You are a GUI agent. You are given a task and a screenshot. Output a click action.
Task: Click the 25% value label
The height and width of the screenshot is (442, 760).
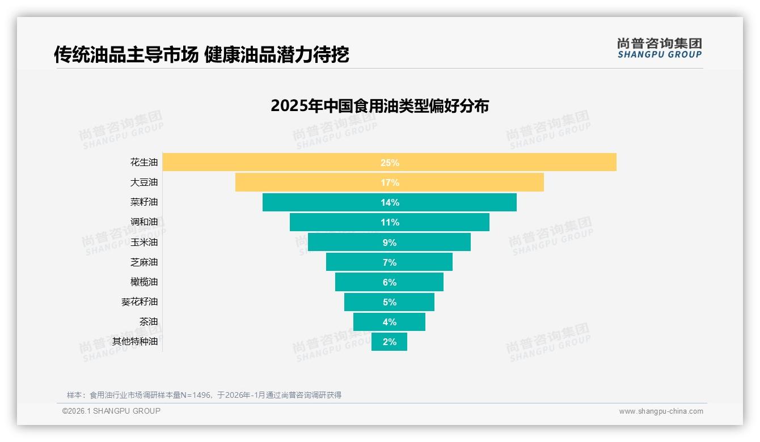pos(390,163)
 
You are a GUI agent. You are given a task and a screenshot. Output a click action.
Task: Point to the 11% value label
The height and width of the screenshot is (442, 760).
pos(390,222)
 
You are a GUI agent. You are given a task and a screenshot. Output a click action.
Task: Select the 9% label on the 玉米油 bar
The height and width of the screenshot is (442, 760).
pos(390,243)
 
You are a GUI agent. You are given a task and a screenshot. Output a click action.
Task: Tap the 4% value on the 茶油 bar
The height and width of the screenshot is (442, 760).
pos(390,322)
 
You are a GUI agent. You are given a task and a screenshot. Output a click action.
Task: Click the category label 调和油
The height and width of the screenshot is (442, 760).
pos(144,222)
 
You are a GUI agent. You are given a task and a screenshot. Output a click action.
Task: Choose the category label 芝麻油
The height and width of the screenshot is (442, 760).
pos(144,262)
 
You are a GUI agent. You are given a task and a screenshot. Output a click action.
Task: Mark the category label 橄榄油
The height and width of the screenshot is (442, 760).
pos(144,282)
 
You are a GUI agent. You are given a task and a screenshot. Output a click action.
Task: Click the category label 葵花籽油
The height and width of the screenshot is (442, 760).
pos(140,302)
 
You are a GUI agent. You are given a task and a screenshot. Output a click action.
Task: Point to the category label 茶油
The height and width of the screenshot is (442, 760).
pos(149,322)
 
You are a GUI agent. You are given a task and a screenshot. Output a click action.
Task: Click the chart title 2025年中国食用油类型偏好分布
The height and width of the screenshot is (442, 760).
pos(379,106)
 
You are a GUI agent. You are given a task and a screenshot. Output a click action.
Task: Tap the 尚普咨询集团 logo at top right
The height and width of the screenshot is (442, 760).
pos(659,48)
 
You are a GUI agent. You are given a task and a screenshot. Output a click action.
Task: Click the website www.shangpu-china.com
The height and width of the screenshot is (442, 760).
pos(661,411)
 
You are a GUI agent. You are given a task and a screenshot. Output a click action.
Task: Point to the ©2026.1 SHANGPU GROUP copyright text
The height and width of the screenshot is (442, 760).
pos(111,411)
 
